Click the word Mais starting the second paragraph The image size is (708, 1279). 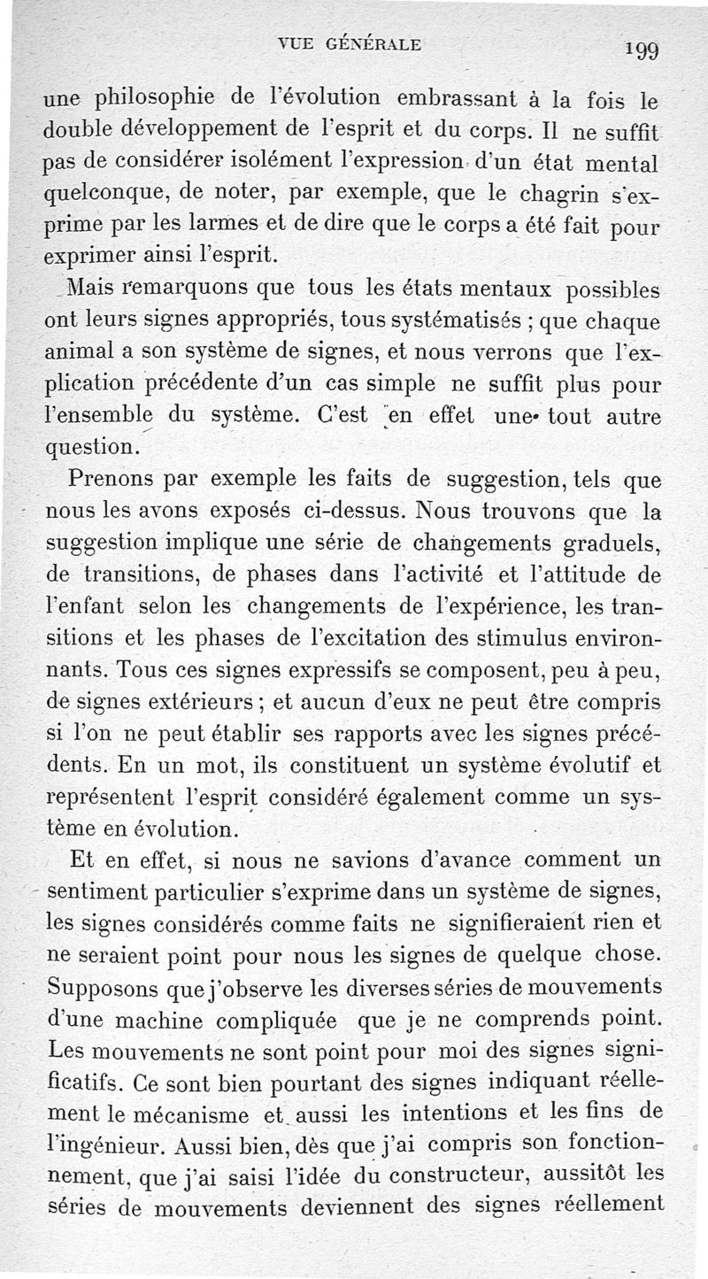[85, 288]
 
